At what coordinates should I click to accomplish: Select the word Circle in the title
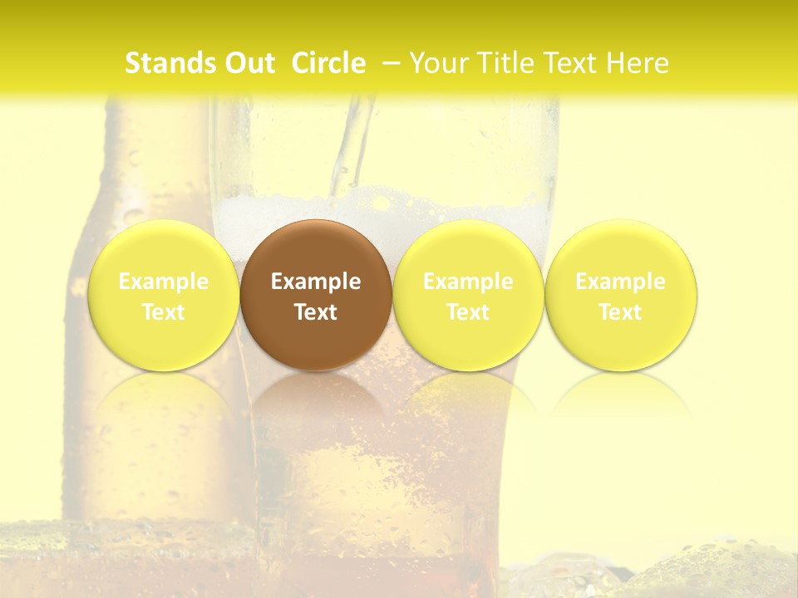click(x=328, y=63)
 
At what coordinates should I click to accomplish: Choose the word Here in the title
click(x=638, y=63)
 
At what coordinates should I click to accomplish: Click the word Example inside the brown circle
click(x=316, y=282)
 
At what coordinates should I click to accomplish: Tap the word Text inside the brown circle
click(x=316, y=312)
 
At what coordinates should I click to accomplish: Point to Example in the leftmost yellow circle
click(x=164, y=282)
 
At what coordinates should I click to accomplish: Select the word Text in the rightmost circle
click(x=620, y=312)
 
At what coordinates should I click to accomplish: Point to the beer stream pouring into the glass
click(x=353, y=141)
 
